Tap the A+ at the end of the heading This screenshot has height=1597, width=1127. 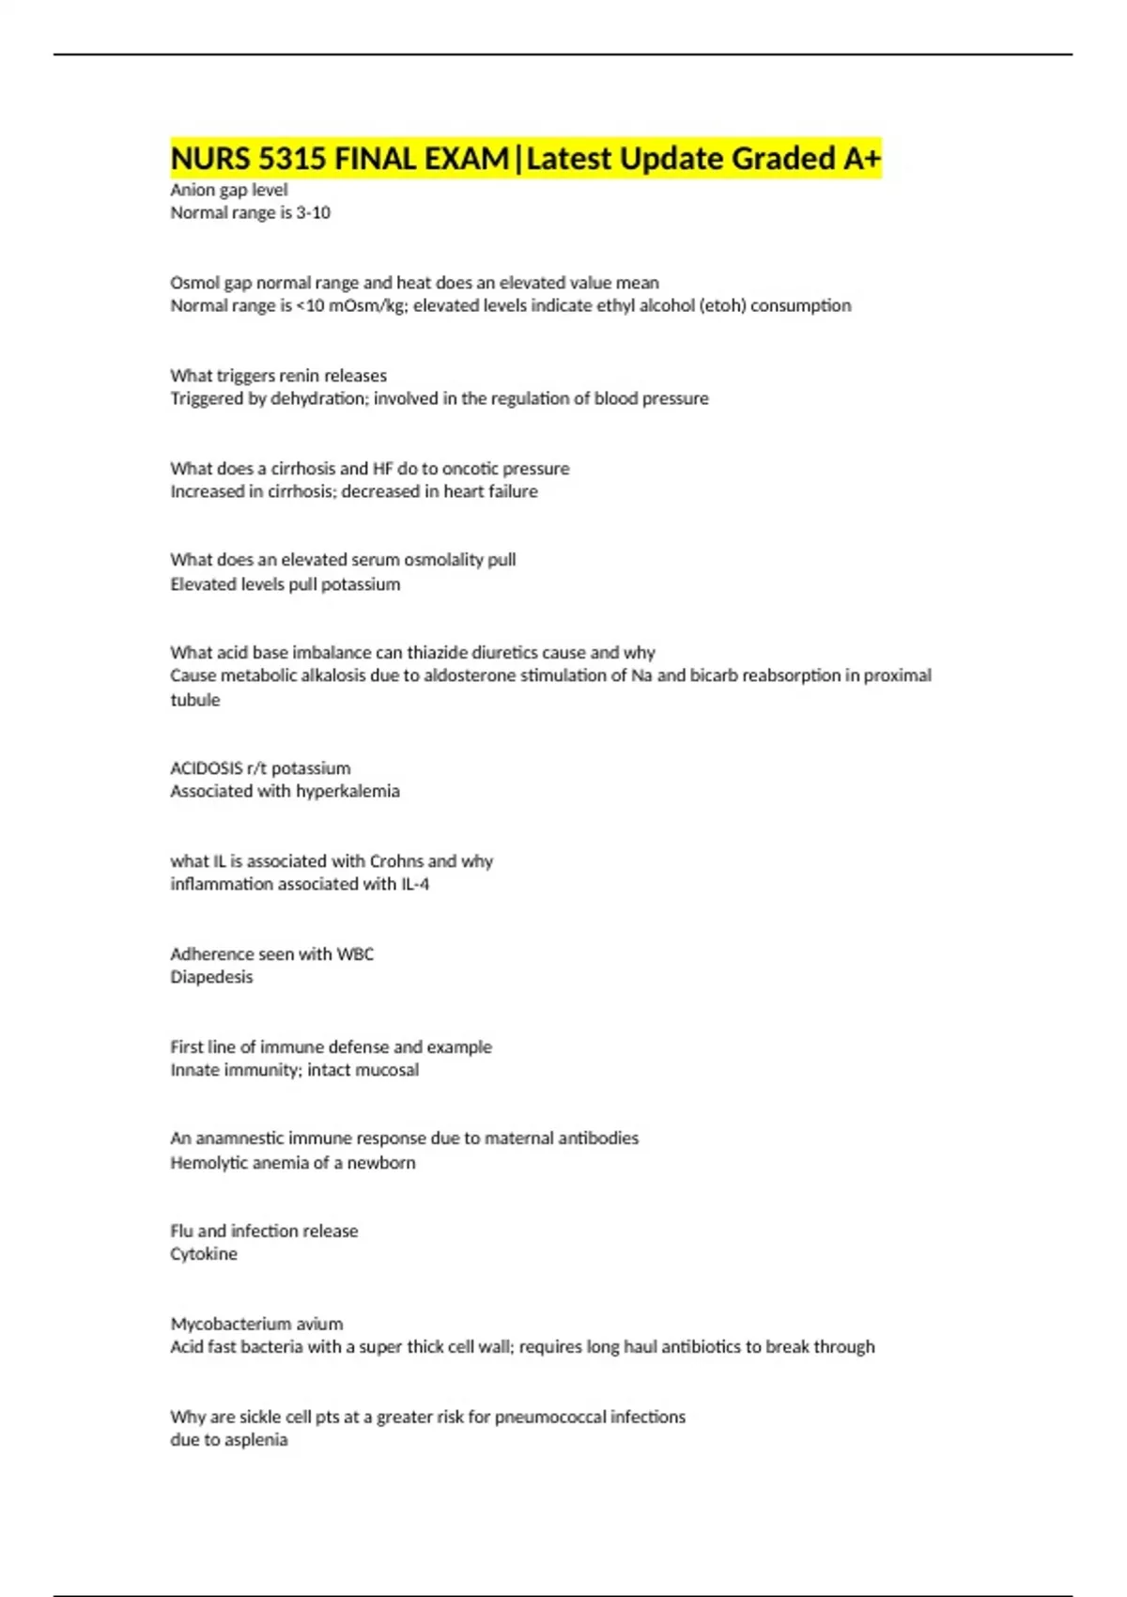861,159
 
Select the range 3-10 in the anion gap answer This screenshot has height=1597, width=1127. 313,213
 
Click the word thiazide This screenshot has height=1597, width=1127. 437,653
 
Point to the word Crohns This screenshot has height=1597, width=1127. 396,861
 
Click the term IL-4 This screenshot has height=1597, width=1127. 415,884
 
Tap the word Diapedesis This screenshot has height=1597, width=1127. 211,977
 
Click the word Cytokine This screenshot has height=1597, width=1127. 204,1254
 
